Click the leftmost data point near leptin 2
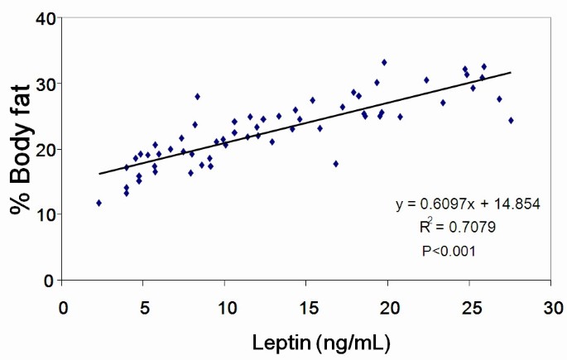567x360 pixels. (99, 203)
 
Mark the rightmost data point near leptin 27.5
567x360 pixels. (511, 120)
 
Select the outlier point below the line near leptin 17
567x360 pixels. (335, 164)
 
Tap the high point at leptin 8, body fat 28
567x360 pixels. (197, 96)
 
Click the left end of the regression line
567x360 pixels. (99, 174)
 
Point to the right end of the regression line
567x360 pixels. (511, 73)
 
